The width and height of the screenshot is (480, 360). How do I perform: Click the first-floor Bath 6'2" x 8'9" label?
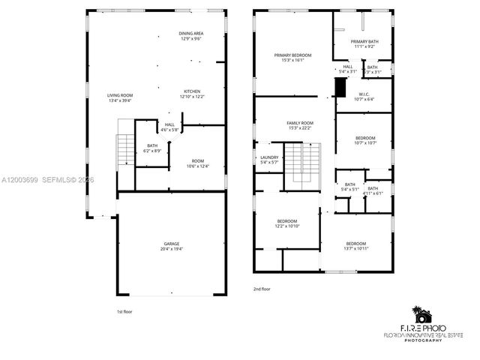[x=153, y=148]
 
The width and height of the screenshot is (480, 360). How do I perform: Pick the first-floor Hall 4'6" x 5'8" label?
[x=169, y=127]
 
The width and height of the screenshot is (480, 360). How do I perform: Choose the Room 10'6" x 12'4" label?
[x=197, y=163]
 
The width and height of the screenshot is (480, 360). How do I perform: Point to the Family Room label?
[x=300, y=124]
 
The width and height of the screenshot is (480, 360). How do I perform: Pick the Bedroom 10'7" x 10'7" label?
[x=365, y=140]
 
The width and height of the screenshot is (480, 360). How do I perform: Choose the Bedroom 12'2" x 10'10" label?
[x=287, y=223]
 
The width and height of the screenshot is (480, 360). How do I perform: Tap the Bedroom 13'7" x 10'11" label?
[x=356, y=245]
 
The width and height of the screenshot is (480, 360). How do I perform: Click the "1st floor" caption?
[x=124, y=310]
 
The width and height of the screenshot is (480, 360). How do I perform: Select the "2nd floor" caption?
[x=262, y=288]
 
